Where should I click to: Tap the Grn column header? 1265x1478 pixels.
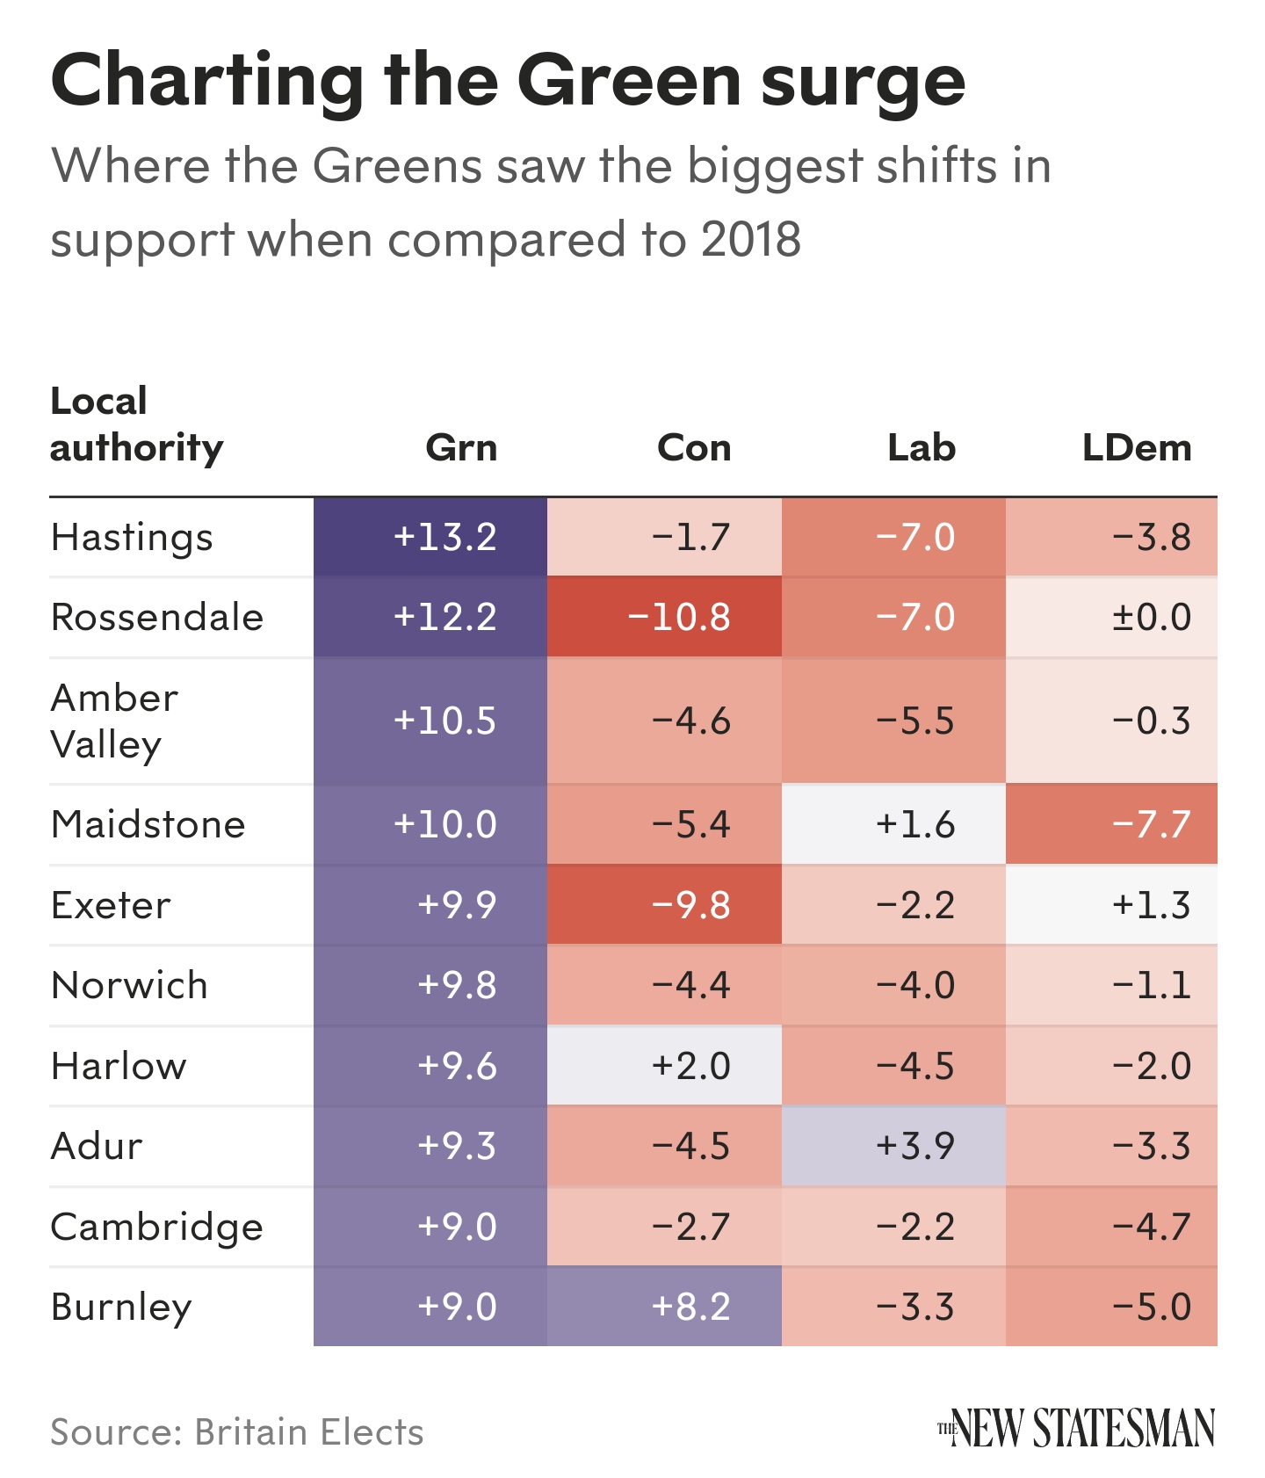coord(461,448)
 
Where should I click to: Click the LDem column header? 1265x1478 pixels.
coord(1137,448)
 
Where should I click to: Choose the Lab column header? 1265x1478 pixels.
coord(921,448)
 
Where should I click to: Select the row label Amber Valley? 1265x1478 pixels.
coord(114,721)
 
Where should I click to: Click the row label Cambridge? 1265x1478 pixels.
coord(157,1227)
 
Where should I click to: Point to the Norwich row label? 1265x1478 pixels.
coord(130,985)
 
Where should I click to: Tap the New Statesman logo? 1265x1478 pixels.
coord(1076,1428)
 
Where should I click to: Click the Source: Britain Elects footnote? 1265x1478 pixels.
coord(237,1432)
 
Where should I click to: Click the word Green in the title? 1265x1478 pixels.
coord(631,81)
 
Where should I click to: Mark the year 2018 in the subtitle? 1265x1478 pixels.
coord(751,239)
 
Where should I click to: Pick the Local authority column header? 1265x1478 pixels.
coord(136,424)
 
